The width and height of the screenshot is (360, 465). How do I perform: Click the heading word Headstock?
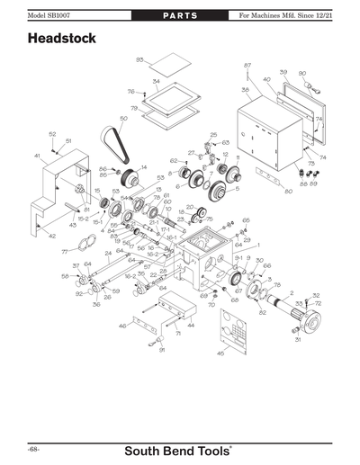[62, 40]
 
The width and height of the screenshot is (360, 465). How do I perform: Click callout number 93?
[139, 58]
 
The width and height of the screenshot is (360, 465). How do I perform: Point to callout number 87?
[247, 66]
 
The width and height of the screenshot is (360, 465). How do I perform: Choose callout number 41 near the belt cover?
[37, 156]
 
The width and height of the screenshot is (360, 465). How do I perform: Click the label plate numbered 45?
[238, 341]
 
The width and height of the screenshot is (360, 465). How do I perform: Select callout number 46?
[122, 327]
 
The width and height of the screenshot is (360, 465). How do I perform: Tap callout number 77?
[65, 253]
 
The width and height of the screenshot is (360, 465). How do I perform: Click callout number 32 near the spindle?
[316, 295]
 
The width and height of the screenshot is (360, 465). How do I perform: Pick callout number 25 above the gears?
[213, 134]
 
